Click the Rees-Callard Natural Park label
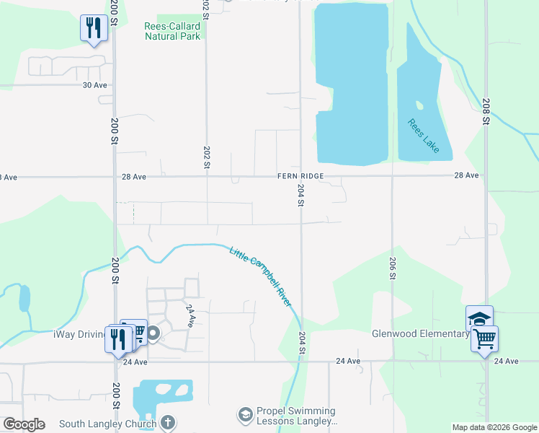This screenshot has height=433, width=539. (172, 31)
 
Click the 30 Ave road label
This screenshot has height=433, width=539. (94, 84)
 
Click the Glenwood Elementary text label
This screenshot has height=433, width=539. (420, 333)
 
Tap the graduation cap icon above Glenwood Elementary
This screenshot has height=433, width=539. (479, 318)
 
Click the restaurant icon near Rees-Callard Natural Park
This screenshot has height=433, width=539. (93, 28)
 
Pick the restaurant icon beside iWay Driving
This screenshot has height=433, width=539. (117, 338)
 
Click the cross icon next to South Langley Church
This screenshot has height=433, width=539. (167, 422)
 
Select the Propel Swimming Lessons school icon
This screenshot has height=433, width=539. (246, 414)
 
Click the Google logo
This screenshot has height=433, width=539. (24, 424)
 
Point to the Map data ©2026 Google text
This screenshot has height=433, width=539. (493, 427)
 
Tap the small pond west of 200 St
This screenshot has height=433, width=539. (24, 298)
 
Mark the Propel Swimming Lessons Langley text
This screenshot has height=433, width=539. (298, 415)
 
